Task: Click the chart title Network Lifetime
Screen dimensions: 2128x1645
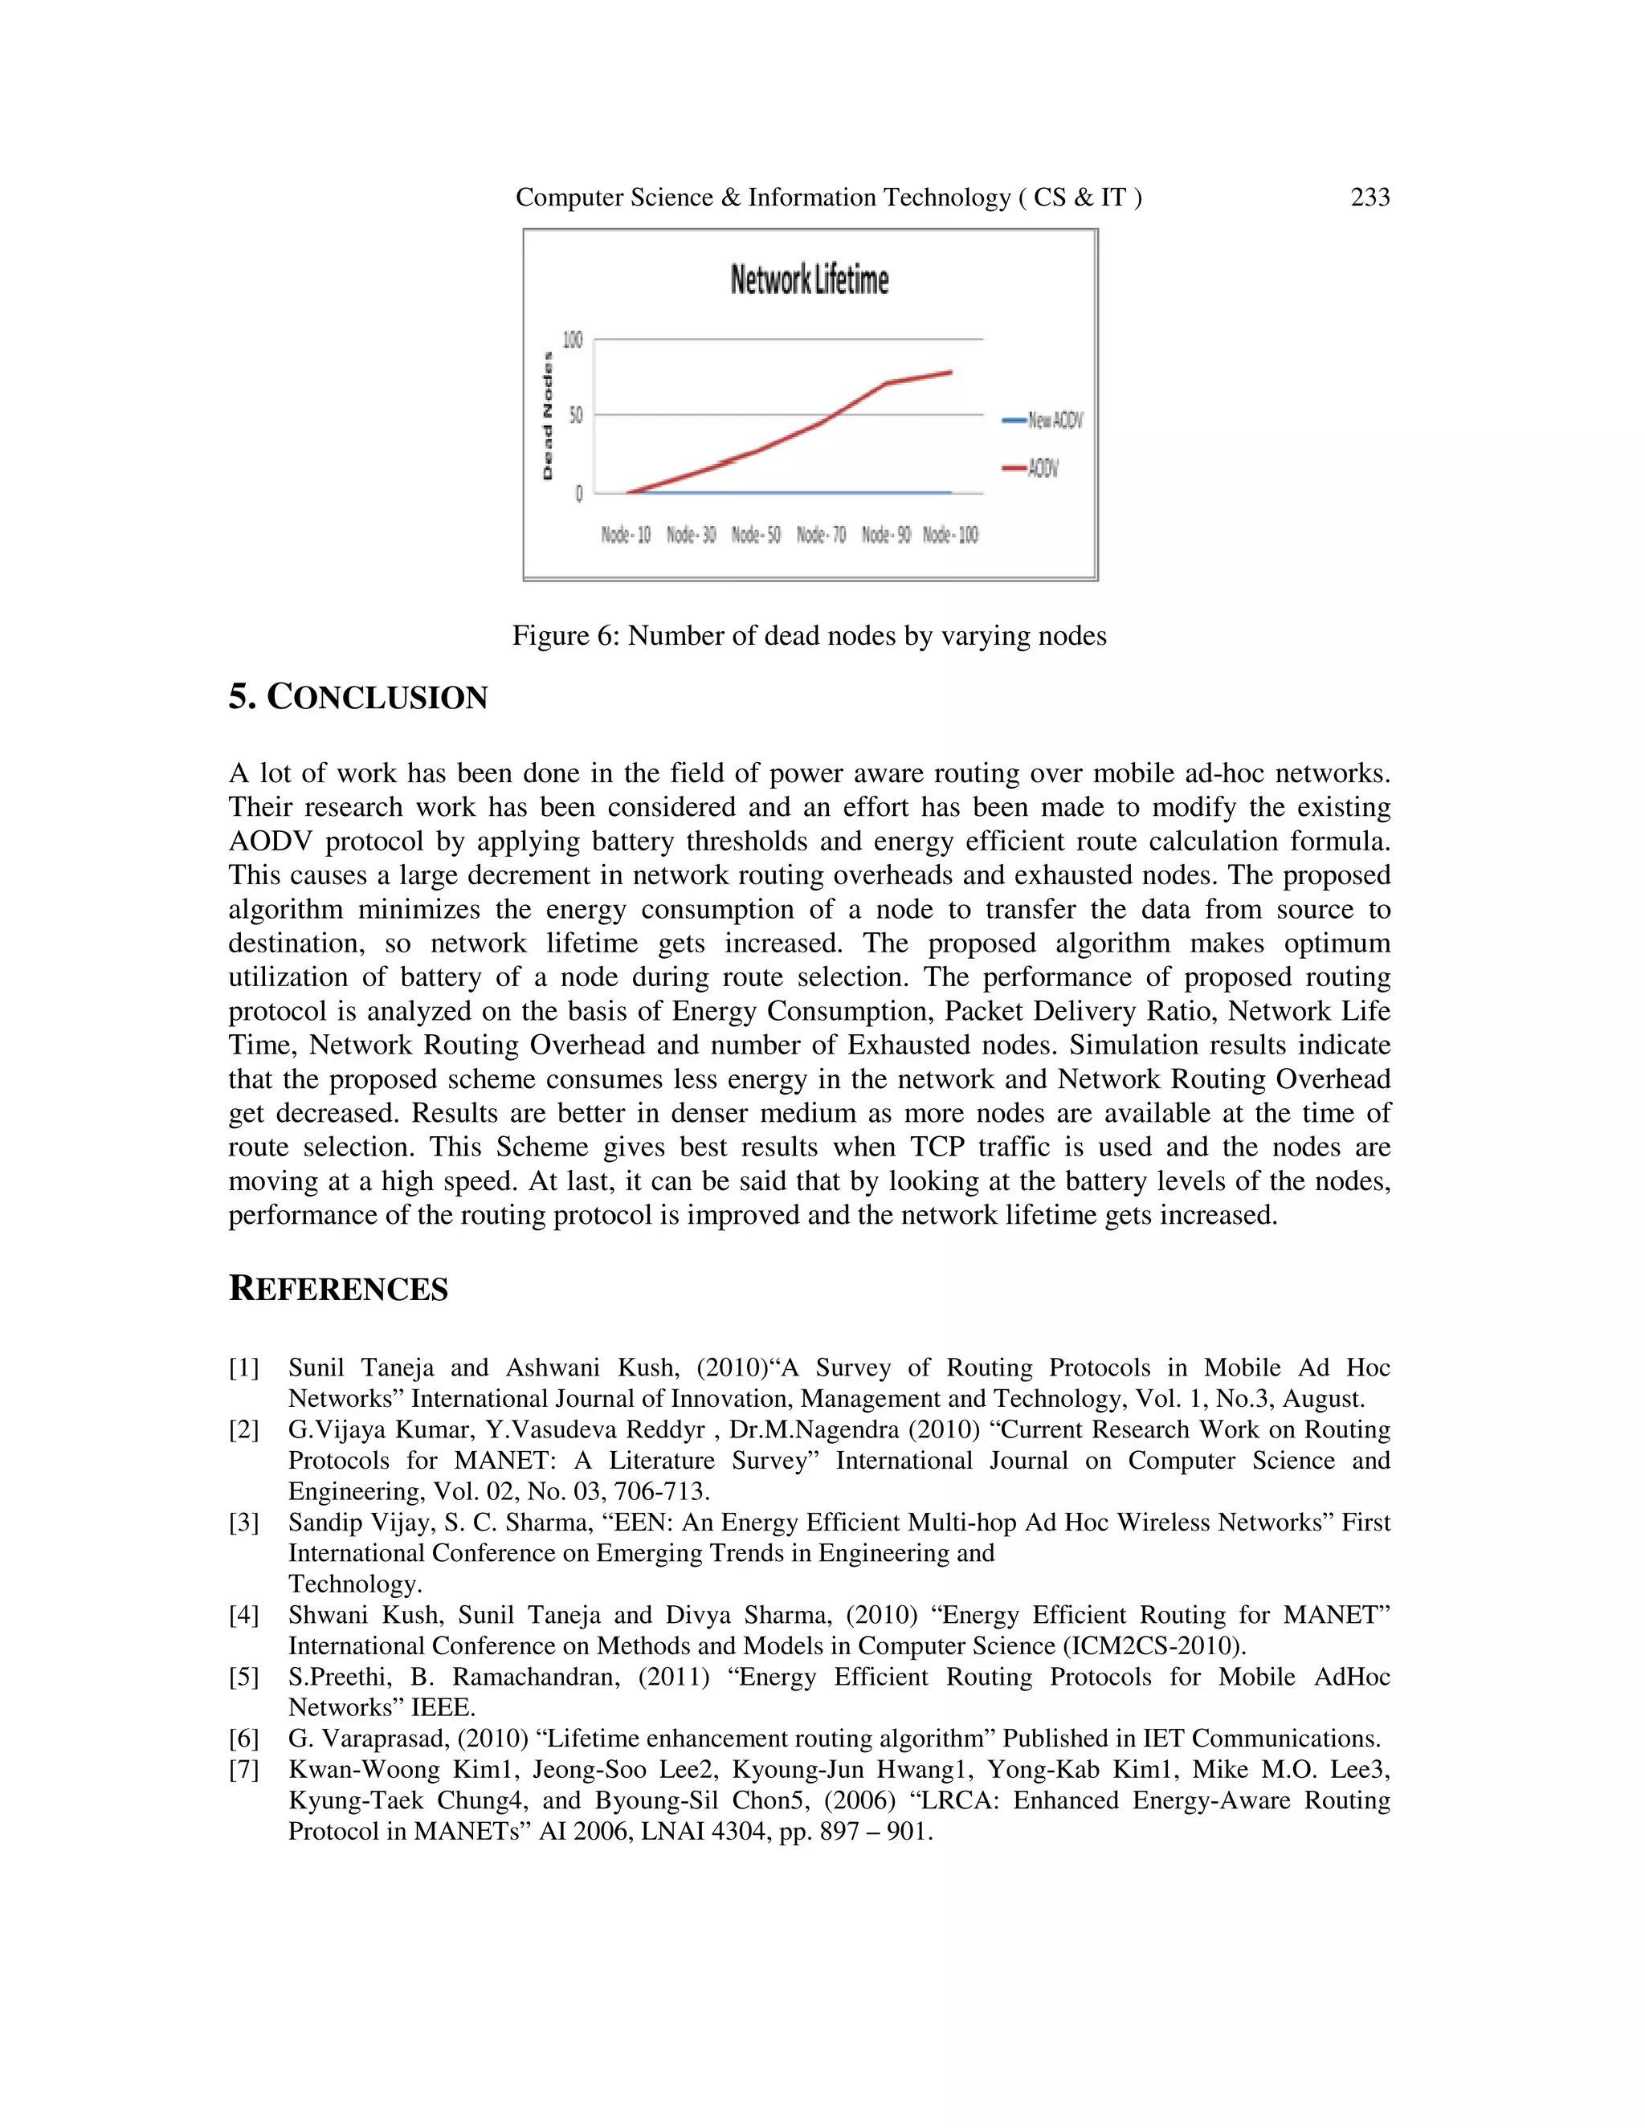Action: pos(809,279)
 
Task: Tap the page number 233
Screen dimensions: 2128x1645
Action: pos(1369,198)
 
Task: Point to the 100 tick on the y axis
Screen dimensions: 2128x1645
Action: pos(572,340)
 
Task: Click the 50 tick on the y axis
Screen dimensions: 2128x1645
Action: pos(575,416)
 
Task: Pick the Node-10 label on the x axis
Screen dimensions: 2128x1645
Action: pos(625,535)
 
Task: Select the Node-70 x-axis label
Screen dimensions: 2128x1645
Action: pos(821,535)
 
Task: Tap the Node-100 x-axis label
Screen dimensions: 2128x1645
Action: pos(950,535)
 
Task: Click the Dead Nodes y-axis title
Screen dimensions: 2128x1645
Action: pos(548,416)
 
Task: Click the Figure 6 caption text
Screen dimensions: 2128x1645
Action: pos(809,636)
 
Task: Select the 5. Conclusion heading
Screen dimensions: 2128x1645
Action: pos(357,698)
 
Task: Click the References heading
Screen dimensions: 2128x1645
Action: pos(338,1289)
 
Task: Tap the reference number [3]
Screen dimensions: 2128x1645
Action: pos(243,1523)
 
